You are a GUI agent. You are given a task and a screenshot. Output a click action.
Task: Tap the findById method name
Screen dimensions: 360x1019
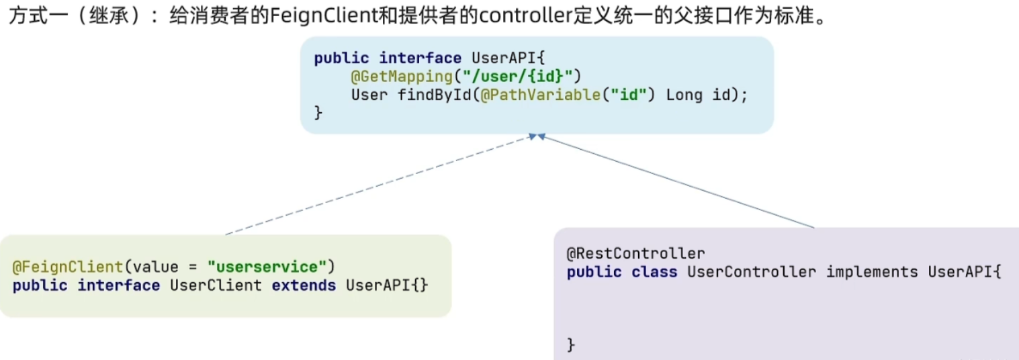click(434, 95)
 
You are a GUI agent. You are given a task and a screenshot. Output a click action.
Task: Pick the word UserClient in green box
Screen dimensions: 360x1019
click(216, 285)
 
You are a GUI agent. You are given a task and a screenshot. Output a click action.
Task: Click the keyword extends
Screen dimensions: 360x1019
click(304, 285)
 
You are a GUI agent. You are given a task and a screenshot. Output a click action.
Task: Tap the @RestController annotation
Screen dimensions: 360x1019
click(635, 253)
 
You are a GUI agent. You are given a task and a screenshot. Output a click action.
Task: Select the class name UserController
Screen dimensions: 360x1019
click(752, 272)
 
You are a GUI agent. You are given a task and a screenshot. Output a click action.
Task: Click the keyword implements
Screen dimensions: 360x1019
click(872, 272)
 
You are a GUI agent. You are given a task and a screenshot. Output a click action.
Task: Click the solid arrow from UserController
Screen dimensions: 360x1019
click(675, 181)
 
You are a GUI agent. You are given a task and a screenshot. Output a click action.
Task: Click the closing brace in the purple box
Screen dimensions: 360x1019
click(571, 345)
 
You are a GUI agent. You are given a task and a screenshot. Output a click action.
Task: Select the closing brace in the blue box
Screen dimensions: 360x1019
click(318, 114)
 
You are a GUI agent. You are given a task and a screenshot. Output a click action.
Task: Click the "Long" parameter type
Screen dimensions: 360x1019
click(684, 95)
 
